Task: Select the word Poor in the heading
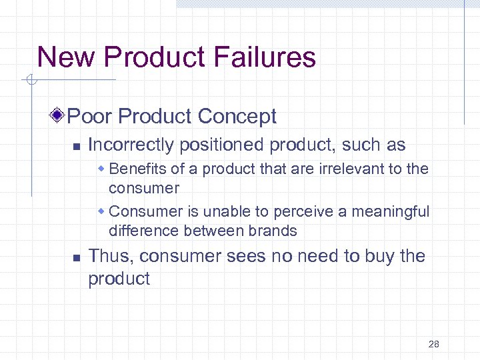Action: [x=90, y=117]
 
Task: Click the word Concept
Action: [x=237, y=117]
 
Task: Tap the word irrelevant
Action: [x=345, y=169]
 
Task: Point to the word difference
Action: [x=139, y=231]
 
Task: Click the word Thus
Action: [x=110, y=256]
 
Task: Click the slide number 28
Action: [x=433, y=344]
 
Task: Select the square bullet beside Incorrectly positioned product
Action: [x=76, y=146]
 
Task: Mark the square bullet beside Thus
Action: [x=76, y=257]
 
